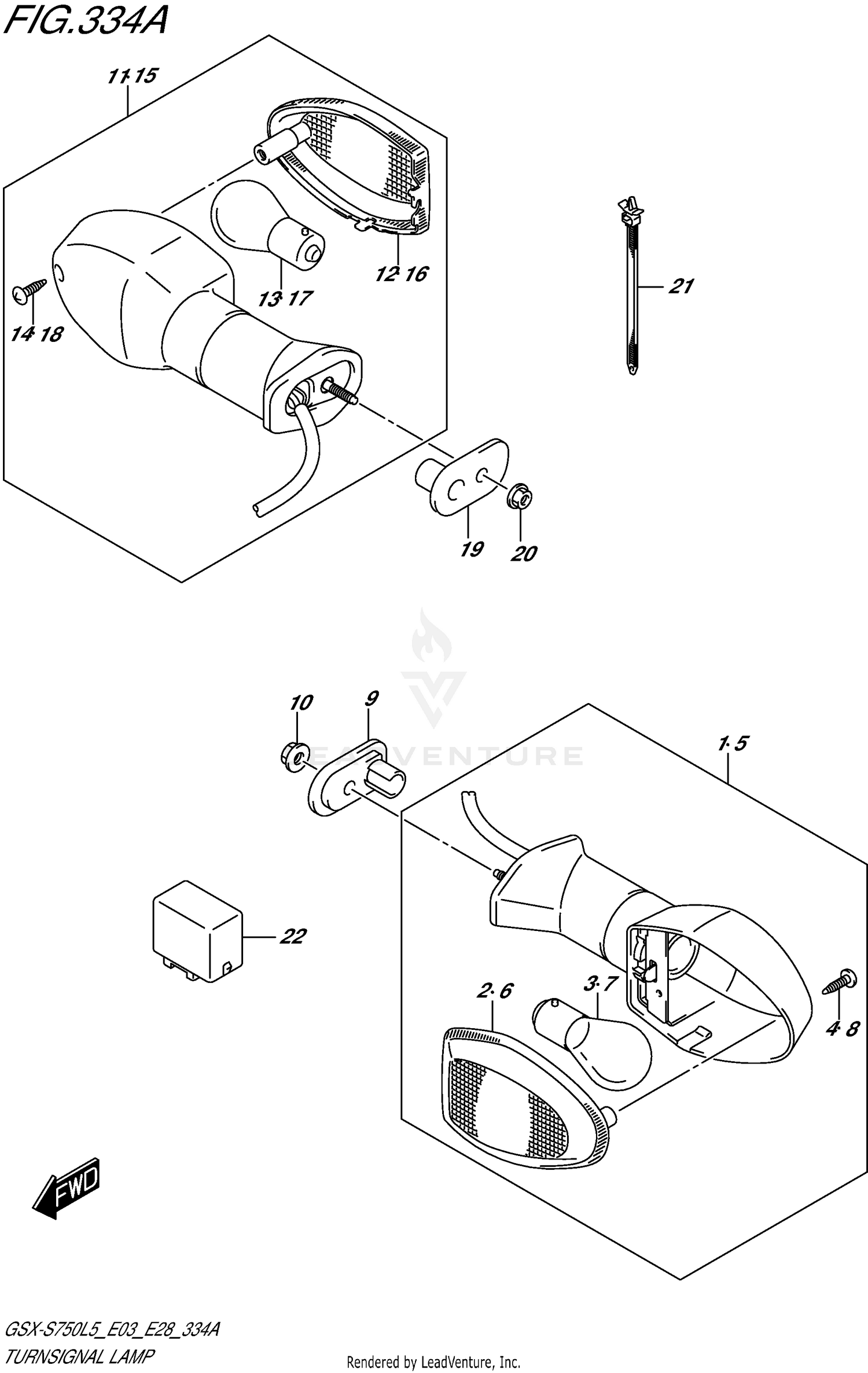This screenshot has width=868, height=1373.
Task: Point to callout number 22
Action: tap(292, 936)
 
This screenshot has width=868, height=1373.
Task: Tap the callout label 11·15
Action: tap(133, 76)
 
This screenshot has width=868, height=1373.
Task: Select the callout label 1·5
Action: tap(733, 743)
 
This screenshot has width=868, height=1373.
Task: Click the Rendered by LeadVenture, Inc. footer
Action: tap(433, 1363)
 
